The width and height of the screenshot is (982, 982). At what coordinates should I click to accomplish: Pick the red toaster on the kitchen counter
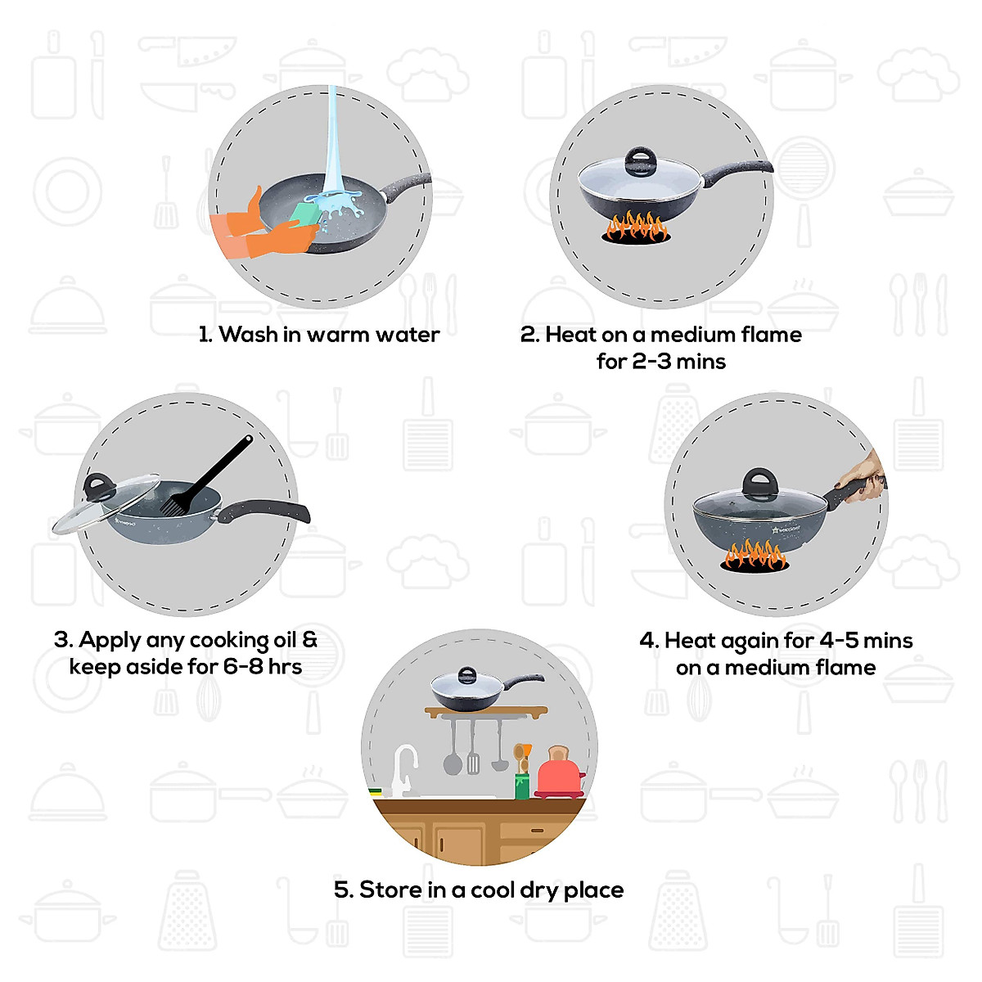point(559,773)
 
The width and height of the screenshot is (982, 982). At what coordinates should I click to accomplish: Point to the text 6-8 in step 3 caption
point(244,667)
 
